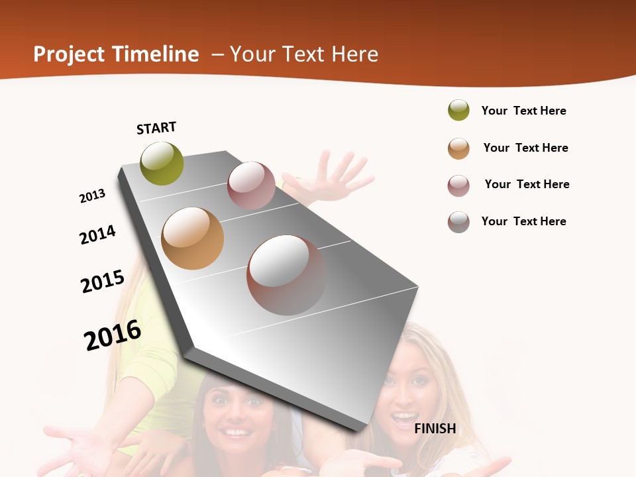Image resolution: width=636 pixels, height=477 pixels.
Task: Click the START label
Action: [x=156, y=128]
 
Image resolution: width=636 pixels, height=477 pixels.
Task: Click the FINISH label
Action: [x=435, y=429]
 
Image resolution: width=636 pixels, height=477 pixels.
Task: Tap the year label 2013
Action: [x=92, y=196]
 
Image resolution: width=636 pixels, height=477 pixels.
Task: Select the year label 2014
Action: [x=97, y=235]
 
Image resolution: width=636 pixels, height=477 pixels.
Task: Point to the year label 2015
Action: [x=103, y=281]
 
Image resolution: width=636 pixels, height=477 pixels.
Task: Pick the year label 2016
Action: [x=113, y=335]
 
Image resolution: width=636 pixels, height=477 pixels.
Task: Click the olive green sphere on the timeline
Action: [x=162, y=164]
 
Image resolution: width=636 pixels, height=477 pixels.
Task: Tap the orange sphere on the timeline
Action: [x=192, y=238]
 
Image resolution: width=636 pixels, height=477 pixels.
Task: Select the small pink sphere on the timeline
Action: [x=251, y=185]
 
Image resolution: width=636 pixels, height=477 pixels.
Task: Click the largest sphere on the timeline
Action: [x=286, y=275]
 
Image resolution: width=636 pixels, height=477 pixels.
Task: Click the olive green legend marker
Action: [x=458, y=111]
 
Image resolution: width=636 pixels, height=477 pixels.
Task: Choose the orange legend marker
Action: [x=458, y=148]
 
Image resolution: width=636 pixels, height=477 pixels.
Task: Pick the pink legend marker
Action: [x=458, y=185]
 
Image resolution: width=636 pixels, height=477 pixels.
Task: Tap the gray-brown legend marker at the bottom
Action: [x=458, y=222]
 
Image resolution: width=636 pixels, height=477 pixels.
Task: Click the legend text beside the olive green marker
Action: [x=523, y=111]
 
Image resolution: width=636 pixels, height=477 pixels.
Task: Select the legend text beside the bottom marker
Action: [x=523, y=221]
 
